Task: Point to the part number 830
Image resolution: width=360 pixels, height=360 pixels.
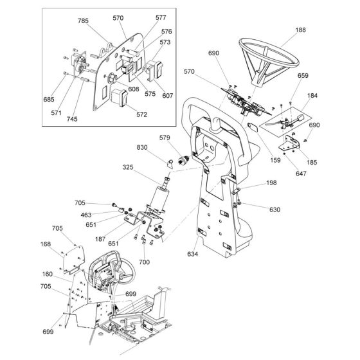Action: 142,147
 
